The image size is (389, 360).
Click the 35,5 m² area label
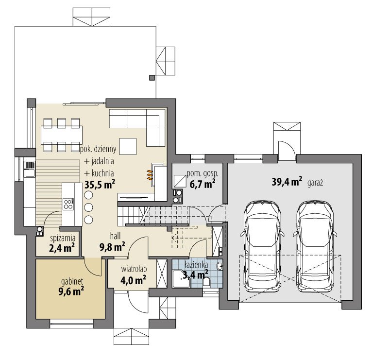point(100,185)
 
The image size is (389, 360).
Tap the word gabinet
point(72,282)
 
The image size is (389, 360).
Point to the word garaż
point(315,183)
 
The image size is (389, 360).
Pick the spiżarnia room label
point(63,239)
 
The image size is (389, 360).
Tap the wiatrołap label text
point(134,269)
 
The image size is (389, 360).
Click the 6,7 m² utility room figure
point(202,184)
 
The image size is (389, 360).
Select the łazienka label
point(196,265)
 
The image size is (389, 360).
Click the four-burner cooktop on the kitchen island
point(68,204)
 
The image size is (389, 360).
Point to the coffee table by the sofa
point(128,146)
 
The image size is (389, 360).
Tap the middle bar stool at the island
point(88,207)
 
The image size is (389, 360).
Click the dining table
point(62,134)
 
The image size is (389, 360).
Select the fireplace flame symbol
point(149,175)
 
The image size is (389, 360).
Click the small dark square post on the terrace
point(152,78)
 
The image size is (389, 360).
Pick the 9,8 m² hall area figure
point(112,247)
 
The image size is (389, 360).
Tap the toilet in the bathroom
point(206,282)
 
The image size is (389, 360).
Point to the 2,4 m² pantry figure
point(62,248)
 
